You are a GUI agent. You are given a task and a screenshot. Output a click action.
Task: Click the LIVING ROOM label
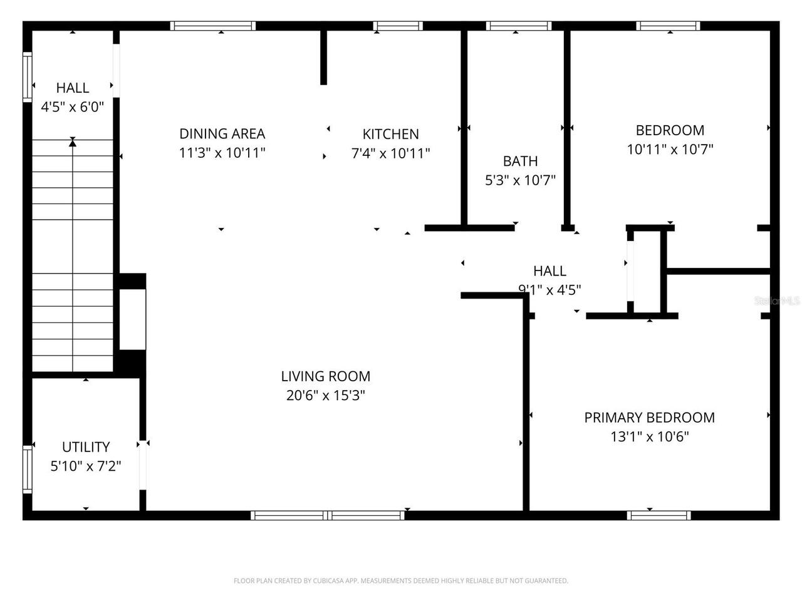325,376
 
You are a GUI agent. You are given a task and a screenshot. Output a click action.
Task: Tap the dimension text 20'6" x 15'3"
325,396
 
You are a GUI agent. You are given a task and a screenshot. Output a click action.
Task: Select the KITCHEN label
390,134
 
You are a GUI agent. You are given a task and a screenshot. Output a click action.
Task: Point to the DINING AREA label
222,133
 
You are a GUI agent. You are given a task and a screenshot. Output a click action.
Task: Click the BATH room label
520,161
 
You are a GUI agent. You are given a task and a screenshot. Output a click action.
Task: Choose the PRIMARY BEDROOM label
649,418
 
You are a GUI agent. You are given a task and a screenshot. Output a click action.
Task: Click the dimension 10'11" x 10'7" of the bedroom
670,150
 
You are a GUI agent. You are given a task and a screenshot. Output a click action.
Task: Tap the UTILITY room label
86,447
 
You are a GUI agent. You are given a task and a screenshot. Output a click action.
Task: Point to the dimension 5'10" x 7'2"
86,466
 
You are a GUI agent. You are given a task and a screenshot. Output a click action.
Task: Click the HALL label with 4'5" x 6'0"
73,88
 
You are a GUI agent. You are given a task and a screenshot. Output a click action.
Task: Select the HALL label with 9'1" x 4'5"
549,271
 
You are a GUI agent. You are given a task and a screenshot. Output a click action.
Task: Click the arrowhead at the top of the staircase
73,143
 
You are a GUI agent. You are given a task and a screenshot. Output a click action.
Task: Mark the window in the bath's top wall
518,26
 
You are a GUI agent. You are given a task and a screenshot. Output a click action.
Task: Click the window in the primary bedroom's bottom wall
659,515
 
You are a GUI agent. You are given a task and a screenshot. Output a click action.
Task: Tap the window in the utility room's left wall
27,469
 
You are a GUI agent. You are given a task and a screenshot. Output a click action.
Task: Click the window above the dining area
213,26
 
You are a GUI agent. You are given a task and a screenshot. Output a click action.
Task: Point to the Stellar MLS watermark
777,301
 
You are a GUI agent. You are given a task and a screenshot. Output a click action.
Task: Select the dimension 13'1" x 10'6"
649,437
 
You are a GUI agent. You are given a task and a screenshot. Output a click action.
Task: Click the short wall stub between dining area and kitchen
323,56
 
